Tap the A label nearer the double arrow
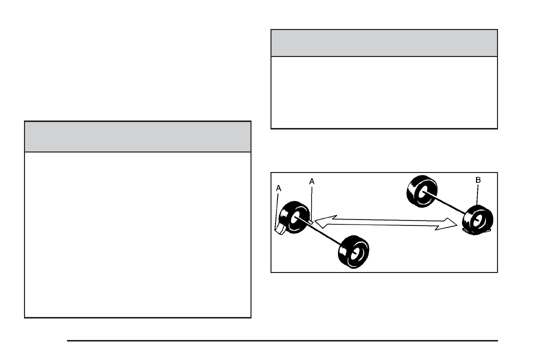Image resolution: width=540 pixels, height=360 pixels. tap(311, 182)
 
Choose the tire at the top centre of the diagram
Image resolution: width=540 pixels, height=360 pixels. tap(421, 191)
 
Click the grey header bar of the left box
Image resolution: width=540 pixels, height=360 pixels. tap(137, 136)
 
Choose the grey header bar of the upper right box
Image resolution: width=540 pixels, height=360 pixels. tap(384, 43)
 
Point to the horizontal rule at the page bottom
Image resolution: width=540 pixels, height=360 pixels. tap(282, 341)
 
